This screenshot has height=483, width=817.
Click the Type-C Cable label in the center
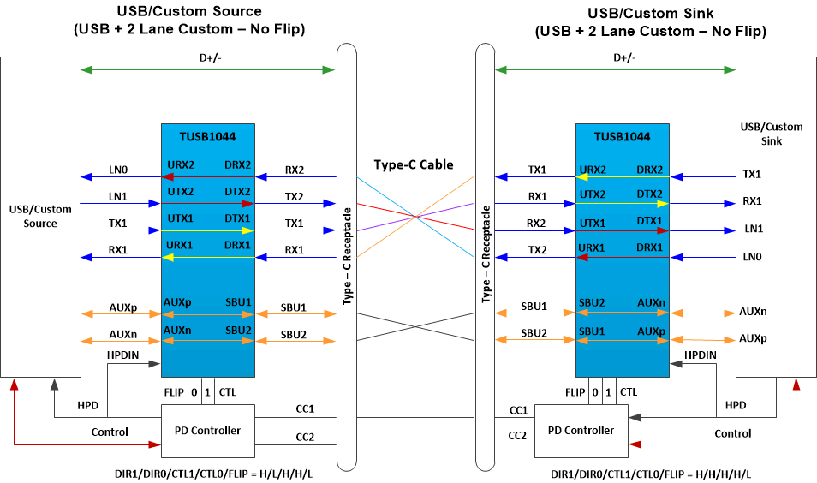413,164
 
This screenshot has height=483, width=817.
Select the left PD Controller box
207,430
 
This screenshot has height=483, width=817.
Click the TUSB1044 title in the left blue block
206,136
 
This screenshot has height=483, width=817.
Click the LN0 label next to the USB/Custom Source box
117,170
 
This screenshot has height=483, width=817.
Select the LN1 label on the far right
753,230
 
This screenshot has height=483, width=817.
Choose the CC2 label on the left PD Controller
304,438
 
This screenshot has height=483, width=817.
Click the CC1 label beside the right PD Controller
518,410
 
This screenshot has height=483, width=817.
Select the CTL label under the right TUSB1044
628,391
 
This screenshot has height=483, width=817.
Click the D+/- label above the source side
208,58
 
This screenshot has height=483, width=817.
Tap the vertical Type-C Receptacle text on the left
348,255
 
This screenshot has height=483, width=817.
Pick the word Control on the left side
110,432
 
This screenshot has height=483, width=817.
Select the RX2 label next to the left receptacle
294,170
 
